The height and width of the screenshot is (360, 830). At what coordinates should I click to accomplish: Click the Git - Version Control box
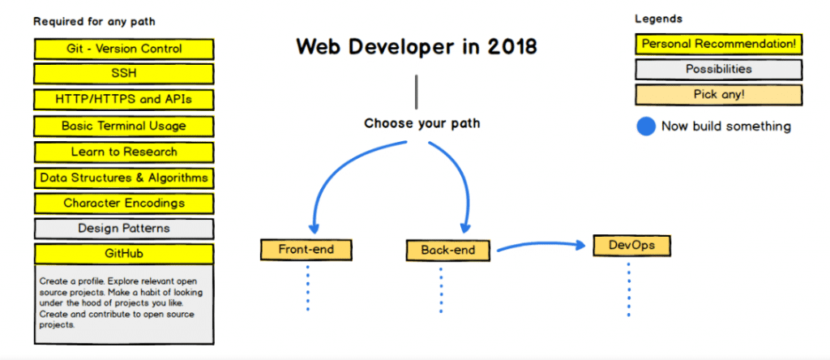124,49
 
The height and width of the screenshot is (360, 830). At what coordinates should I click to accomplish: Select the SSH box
124,74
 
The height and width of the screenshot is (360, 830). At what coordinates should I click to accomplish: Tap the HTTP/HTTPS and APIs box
124,100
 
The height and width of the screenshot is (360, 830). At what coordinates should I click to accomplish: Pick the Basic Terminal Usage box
124,126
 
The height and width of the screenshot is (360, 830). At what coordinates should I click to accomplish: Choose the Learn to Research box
124,152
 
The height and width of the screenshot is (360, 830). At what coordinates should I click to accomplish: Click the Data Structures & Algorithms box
124,178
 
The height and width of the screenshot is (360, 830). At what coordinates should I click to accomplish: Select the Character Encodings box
124,204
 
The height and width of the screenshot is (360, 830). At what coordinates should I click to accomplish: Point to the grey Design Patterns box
124,229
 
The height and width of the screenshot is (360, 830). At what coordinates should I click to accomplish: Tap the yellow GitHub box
124,254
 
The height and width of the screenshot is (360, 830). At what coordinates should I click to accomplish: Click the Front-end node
307,250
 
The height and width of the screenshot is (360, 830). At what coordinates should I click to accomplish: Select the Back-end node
448,250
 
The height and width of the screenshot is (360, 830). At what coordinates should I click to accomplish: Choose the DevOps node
631,245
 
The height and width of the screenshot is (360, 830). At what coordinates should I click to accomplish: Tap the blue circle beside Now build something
645,126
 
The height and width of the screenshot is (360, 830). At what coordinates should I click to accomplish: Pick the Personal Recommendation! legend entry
718,44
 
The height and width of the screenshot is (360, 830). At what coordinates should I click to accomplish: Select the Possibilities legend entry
718,70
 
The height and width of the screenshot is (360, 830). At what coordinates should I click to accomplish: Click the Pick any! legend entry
718,95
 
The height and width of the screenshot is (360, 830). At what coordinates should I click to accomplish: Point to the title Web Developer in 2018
416,46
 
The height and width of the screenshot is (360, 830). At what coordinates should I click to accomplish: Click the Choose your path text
421,124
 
